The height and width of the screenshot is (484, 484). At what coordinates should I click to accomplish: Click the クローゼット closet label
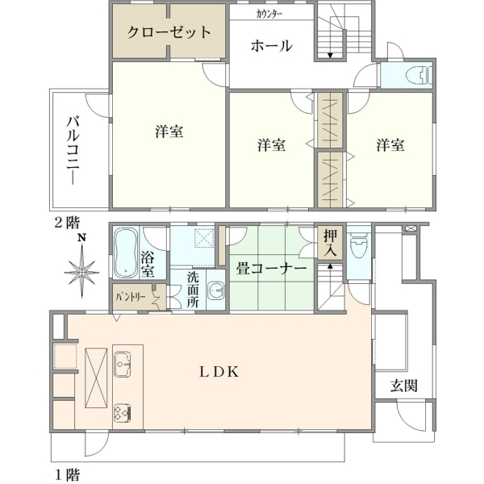pos(169,32)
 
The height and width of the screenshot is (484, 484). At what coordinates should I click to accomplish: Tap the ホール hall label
pos(272,46)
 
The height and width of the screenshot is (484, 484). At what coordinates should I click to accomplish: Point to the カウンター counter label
pos(269,15)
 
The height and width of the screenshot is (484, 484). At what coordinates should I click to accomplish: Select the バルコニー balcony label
pos(73,151)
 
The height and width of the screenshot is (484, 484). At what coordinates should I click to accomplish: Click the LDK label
pos(219,372)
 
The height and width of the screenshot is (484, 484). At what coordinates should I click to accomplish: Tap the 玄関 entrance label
pos(404,386)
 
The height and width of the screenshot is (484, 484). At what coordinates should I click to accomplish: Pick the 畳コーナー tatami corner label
pos(271,269)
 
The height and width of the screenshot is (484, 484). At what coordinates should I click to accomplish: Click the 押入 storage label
pos(330,243)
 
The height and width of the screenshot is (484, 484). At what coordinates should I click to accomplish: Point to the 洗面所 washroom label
pos(193,290)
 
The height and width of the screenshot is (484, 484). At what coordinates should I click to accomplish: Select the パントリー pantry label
pos(131,298)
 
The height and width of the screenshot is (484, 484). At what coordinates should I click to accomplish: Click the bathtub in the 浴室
pos(126,253)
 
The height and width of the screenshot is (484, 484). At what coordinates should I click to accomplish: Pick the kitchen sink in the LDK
pos(123,365)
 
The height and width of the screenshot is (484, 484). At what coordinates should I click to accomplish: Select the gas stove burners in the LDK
pos(123,413)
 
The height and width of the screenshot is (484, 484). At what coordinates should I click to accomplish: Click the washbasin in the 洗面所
pos(217,290)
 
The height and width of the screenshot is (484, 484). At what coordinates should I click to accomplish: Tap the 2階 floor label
pos(67,223)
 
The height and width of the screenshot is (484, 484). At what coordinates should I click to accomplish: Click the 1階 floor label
pos(67,474)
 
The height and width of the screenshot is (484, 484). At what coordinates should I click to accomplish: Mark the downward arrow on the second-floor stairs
pos(330,56)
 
